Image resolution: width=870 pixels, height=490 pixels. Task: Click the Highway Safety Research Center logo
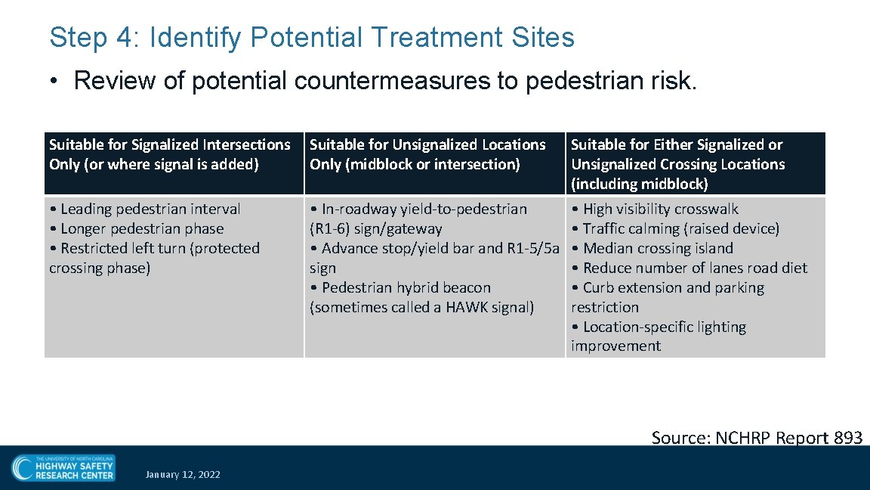tap(63, 468)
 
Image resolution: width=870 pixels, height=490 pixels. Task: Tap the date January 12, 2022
tap(183, 475)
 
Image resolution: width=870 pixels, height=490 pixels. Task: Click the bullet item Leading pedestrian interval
tap(145, 209)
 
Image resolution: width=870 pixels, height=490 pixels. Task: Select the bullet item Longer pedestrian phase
tap(136, 228)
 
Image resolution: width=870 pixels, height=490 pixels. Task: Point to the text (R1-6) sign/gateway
tap(376, 228)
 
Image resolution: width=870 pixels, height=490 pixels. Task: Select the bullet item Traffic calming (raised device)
tap(675, 228)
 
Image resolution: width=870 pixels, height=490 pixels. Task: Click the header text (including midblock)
tap(640, 184)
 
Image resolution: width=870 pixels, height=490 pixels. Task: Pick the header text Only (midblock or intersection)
tap(415, 164)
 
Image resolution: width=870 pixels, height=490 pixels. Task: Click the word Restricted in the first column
tap(94, 248)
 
